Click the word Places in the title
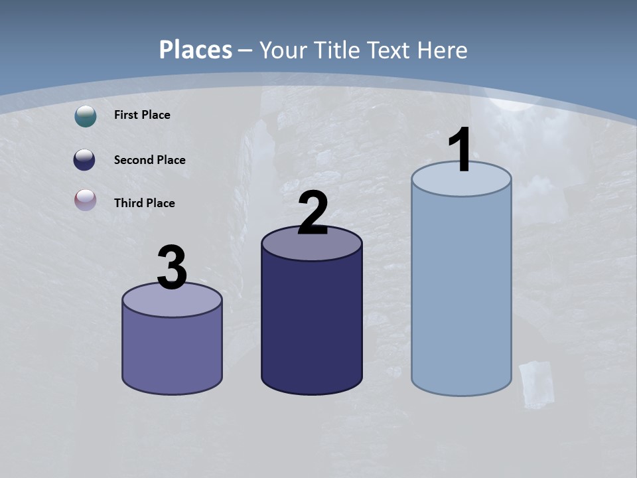[196, 50]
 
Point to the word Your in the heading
[281, 50]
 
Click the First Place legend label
[142, 115]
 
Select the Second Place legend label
[149, 160]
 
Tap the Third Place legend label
[144, 203]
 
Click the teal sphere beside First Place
[86, 116]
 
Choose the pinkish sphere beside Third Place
[86, 200]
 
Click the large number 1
[460, 150]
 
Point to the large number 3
[172, 267]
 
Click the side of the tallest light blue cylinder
[461, 292]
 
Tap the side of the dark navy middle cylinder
[312, 325]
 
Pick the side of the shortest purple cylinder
[172, 352]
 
